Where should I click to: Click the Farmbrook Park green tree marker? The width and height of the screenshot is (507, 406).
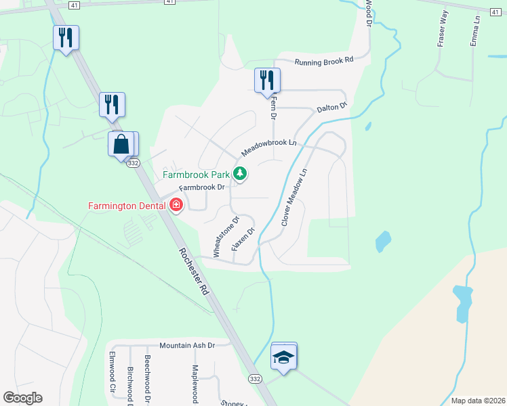(239, 174)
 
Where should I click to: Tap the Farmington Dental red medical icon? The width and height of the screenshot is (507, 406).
(176, 204)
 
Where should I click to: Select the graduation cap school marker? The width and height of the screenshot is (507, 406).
(283, 357)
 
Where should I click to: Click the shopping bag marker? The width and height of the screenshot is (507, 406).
(121, 144)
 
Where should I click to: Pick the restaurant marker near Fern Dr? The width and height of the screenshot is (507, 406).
(266, 81)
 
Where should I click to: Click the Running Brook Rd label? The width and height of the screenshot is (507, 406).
(324, 60)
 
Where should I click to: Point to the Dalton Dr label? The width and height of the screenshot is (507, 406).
(331, 107)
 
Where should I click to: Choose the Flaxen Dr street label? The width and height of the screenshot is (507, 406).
(242, 240)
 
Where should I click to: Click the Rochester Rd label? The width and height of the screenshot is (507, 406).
(192, 270)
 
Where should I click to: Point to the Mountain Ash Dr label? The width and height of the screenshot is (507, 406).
(186, 345)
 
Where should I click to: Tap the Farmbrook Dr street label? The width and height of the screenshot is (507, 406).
(201, 187)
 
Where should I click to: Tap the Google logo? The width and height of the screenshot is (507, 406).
(22, 398)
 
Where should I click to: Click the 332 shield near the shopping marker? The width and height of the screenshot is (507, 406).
(133, 163)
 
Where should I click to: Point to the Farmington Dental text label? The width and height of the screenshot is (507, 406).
(128, 205)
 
